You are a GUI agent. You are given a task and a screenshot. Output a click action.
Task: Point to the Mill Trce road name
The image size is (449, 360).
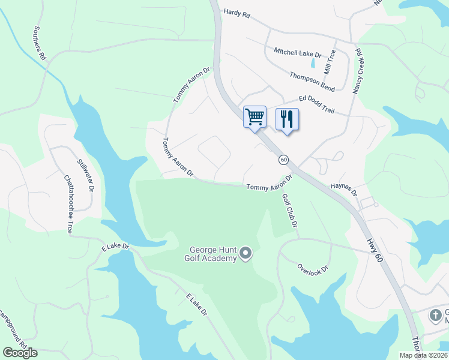click(x=330, y=62)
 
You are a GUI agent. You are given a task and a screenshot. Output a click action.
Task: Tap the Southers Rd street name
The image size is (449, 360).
click(x=40, y=43)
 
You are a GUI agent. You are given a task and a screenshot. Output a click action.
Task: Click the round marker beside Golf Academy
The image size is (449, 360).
click(x=245, y=255)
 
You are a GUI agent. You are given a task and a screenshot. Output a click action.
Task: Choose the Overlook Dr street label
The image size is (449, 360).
click(x=313, y=268)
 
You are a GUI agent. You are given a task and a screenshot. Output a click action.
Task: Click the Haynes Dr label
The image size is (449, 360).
click(x=344, y=190)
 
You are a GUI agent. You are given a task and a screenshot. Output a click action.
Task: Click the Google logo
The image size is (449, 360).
click(x=20, y=353)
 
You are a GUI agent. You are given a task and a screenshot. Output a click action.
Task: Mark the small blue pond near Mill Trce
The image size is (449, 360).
click(x=312, y=61)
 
